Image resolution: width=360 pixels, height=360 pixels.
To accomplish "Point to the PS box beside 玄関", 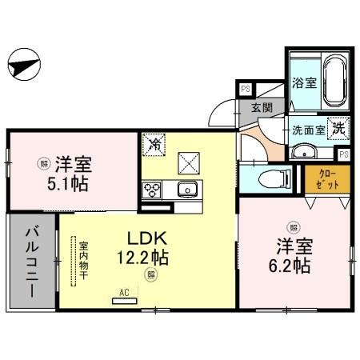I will coord(244,90).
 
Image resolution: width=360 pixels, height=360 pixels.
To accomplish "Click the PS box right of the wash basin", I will coord(343,154).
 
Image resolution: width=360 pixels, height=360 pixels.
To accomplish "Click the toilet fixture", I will coord(271,179).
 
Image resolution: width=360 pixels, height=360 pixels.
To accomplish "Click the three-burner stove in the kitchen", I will coord(153,190).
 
